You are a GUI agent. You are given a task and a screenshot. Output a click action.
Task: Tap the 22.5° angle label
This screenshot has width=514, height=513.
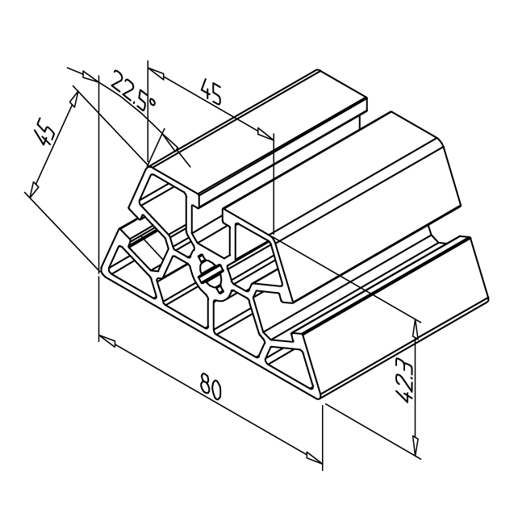tap(132, 94)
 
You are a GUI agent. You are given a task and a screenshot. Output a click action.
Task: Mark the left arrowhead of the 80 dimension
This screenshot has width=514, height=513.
tap(107, 340)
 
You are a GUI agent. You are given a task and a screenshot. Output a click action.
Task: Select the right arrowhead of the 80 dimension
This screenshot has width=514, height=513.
tap(314, 458)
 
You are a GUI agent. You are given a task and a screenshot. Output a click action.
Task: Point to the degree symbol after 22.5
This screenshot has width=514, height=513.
tap(152, 102)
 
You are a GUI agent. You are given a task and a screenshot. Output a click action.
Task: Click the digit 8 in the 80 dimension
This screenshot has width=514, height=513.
tap(206, 382)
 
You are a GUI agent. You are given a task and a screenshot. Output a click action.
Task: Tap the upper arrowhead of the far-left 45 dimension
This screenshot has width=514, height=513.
tap(75, 100)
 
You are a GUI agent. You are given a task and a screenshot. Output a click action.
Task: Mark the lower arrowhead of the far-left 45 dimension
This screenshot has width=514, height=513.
tap(34, 190)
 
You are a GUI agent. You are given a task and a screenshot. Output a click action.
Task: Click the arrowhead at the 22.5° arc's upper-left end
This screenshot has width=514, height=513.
tap(89, 76)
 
